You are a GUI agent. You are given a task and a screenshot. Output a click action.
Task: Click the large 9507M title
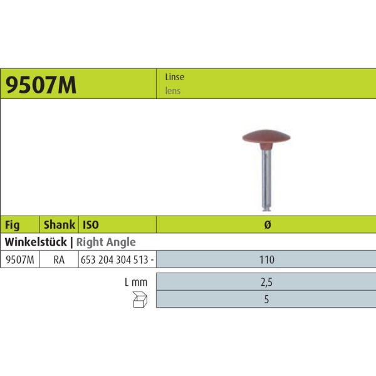41,85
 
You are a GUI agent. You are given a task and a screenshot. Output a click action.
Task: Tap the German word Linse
175,77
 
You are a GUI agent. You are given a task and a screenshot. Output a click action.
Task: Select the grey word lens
173,91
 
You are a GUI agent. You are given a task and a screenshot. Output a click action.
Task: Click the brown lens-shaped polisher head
266,138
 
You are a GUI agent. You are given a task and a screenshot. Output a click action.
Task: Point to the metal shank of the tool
266,180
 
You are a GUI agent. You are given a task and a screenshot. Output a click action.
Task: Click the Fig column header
13,225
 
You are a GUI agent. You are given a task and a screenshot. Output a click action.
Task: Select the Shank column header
60,225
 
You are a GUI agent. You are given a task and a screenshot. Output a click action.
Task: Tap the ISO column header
91,225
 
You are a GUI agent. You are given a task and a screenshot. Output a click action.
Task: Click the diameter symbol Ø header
268,225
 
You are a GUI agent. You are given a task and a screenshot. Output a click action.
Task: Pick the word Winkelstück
36,242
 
